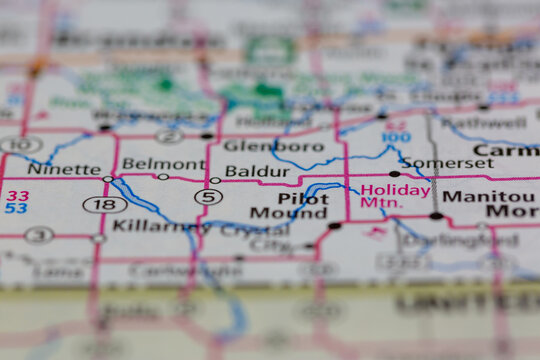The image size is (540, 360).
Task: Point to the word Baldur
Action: [257, 171]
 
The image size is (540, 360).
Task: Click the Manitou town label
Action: [488, 196]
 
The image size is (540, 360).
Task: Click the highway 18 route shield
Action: [104, 204]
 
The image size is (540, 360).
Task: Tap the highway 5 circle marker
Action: [208, 197]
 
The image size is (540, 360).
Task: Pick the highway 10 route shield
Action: [20, 145]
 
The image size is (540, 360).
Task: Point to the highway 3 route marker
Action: [39, 235]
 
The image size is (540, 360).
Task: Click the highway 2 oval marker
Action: [170, 136]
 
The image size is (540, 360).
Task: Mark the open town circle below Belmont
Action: [163, 177]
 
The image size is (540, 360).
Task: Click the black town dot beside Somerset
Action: [394, 173]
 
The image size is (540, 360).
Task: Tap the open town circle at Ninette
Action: [108, 179]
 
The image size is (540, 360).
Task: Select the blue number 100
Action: [395, 136]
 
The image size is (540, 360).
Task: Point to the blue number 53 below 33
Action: [16, 208]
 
